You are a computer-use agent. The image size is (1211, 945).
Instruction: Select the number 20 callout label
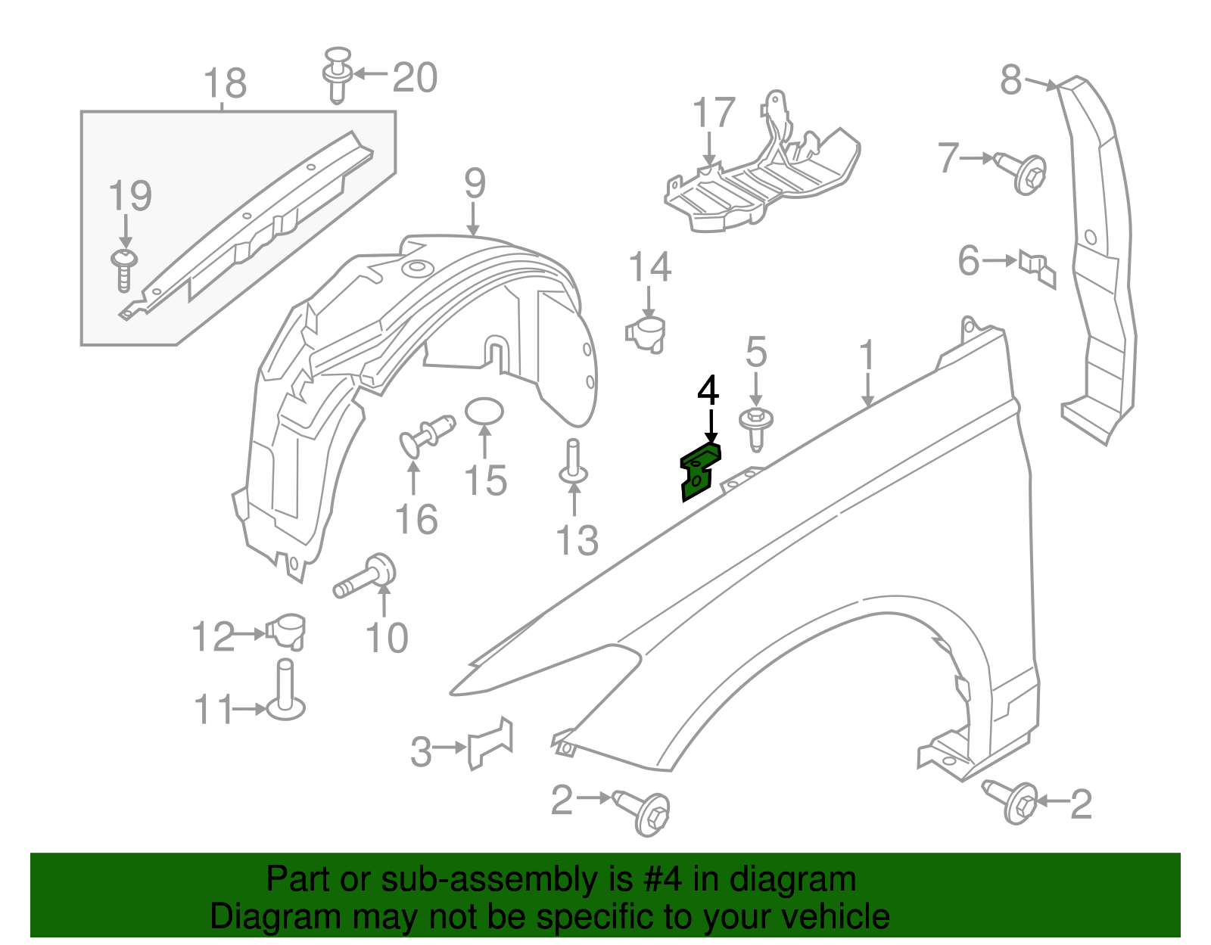[415, 78]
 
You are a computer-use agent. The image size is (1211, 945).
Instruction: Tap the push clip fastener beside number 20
[338, 74]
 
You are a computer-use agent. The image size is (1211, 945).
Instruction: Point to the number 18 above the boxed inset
[226, 83]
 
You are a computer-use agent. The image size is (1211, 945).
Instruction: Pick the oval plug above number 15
[484, 412]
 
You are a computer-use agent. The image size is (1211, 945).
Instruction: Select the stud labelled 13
[573, 463]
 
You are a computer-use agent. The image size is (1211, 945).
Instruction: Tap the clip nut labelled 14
[646, 333]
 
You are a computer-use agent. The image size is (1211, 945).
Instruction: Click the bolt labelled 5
[756, 424]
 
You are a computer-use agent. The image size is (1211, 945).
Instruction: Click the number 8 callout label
[1011, 79]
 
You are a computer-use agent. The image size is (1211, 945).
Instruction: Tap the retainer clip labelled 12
[286, 630]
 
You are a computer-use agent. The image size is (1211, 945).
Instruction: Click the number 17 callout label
[714, 113]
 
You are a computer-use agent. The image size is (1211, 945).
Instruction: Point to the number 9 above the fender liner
[475, 183]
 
